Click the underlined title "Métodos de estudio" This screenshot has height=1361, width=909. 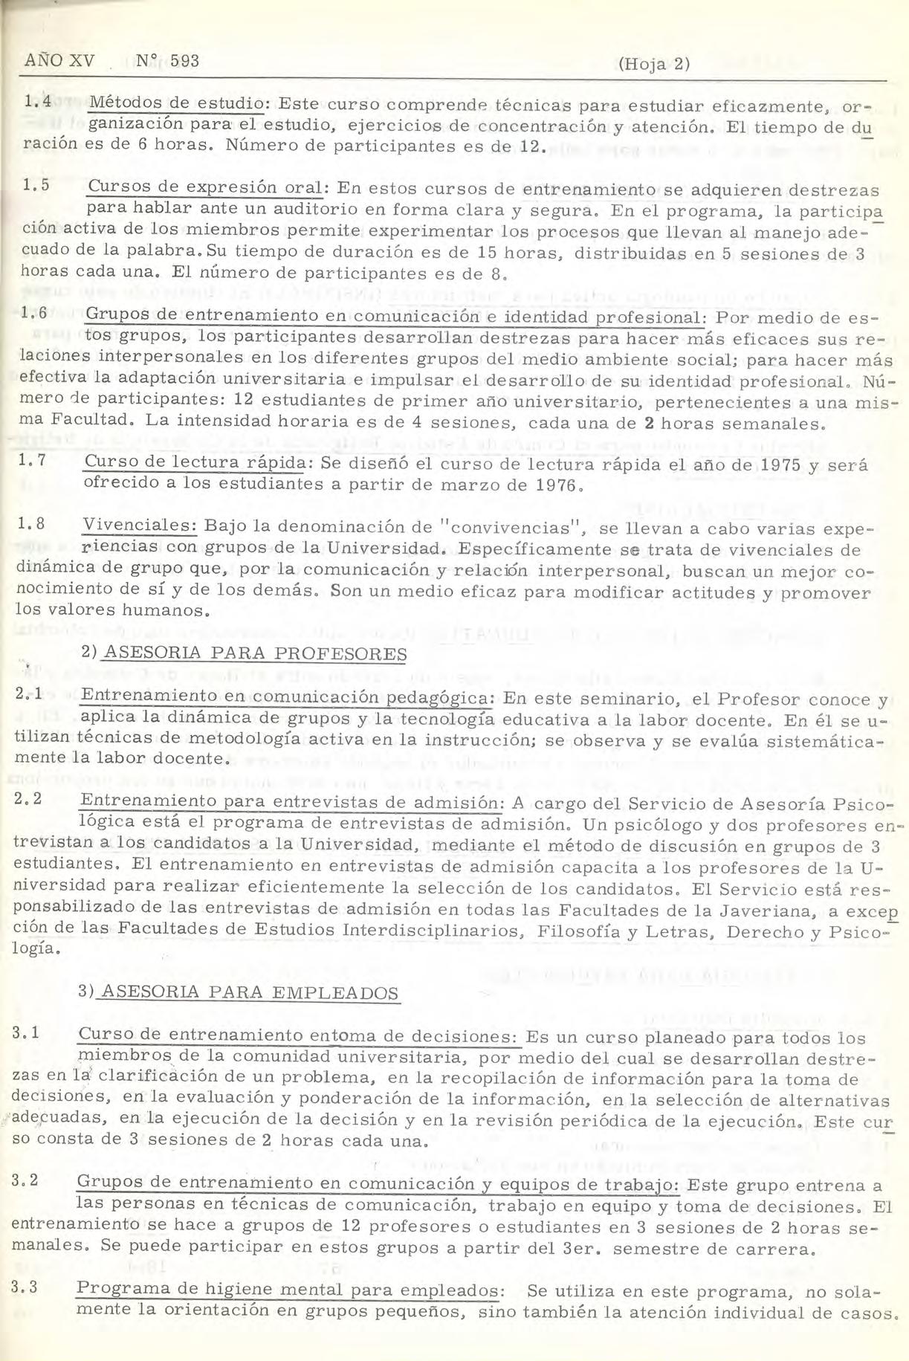[176, 103]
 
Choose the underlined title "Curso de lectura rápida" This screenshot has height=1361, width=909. [195, 463]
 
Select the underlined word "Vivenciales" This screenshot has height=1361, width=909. [139, 526]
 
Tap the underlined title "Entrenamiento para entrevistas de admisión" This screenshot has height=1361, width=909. [288, 803]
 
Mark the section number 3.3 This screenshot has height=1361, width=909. [27, 1290]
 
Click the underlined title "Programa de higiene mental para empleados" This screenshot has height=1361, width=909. [286, 1291]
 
